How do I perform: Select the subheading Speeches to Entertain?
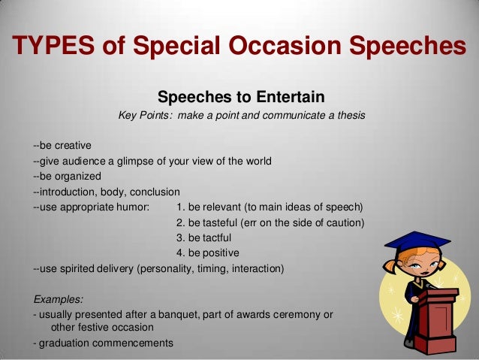(x=240, y=97)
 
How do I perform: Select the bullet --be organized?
(x=68, y=176)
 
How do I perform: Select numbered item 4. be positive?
(x=207, y=253)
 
